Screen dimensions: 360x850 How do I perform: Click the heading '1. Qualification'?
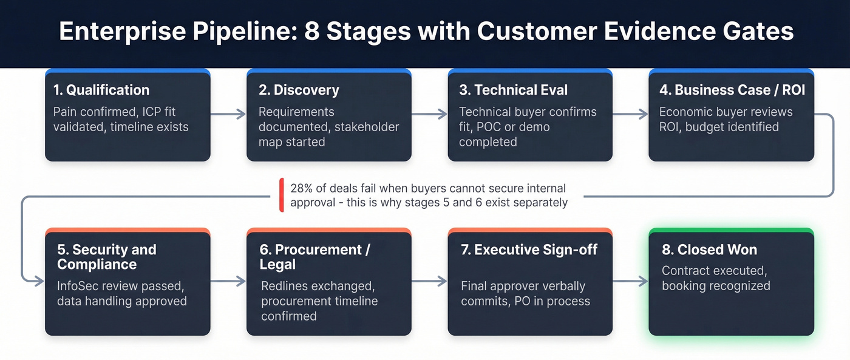click(101, 90)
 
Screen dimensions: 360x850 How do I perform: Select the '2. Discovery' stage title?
click(299, 90)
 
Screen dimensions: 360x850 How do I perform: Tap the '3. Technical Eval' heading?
click(513, 90)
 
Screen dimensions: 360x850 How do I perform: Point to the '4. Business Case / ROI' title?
click(732, 90)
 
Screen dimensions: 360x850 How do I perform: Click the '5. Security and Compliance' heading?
click(106, 257)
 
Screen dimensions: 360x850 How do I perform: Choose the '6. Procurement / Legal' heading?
click(314, 257)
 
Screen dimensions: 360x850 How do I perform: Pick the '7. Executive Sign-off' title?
click(529, 250)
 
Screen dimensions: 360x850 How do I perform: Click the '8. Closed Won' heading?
click(709, 250)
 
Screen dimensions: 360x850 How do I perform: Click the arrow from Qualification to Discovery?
click(228, 114)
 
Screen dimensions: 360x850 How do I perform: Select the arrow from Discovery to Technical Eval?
click(429, 114)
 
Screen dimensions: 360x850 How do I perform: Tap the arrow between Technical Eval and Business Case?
click(630, 114)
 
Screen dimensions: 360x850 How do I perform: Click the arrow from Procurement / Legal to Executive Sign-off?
click(429, 281)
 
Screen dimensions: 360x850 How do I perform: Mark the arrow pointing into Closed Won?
click(630, 281)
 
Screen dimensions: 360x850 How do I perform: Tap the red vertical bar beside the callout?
click(282, 195)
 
